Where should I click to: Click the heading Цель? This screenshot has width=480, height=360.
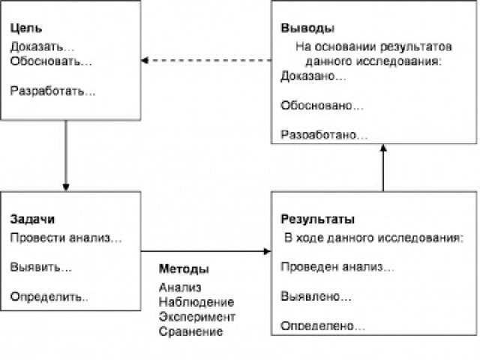pyautogui.click(x=26, y=28)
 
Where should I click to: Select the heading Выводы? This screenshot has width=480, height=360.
pyautogui.click(x=307, y=28)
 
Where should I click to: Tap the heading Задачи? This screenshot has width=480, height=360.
pyautogui.click(x=32, y=219)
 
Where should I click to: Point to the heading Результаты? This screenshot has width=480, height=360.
pyautogui.click(x=317, y=219)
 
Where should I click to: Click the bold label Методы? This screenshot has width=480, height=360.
pyautogui.click(x=184, y=269)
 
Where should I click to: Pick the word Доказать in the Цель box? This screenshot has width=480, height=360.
pyautogui.click(x=37, y=46)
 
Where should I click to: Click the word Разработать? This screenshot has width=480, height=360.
pyautogui.click(x=48, y=91)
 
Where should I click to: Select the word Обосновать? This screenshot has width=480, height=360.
pyautogui.click(x=46, y=61)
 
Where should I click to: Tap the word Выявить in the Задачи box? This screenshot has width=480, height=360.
pyautogui.click(x=36, y=267)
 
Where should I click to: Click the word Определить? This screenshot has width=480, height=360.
pyautogui.click(x=46, y=297)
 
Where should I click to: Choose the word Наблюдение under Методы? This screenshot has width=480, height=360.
pyautogui.click(x=196, y=302)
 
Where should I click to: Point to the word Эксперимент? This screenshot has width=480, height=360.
pyautogui.click(x=197, y=316)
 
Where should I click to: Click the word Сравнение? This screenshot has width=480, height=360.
pyautogui.click(x=190, y=331)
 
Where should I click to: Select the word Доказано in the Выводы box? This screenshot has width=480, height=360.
pyautogui.click(x=307, y=76)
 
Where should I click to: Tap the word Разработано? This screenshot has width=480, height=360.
pyautogui.click(x=318, y=135)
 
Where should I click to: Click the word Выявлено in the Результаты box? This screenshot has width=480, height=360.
pyautogui.click(x=310, y=296)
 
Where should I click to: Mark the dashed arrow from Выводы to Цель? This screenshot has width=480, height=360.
pyautogui.click(x=206, y=60)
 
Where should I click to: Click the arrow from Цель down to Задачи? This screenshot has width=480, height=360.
pyautogui.click(x=66, y=155)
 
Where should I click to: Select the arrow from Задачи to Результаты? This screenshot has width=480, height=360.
pyautogui.click(x=206, y=252)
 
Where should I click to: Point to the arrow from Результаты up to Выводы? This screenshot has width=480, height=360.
pyautogui.click(x=383, y=168)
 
